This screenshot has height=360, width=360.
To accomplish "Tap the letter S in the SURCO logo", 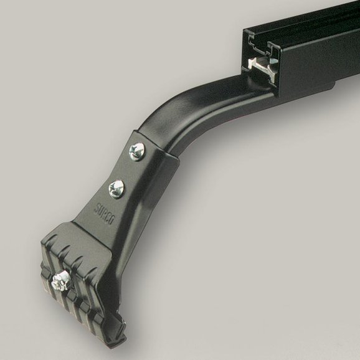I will click(98, 203).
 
